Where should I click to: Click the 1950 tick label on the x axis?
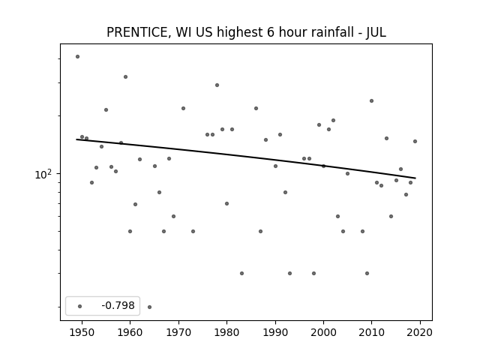pyautogui.click(x=82, y=332)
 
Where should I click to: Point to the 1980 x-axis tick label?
pyautogui.click(x=226, y=332)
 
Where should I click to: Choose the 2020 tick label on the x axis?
pyautogui.click(x=420, y=332)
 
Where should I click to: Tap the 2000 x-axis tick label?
pyautogui.click(x=323, y=332)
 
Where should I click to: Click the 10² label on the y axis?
pyautogui.click(x=43, y=174)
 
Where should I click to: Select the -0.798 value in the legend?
pyautogui.click(x=118, y=305)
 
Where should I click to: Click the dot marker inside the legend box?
pyautogui.click(x=79, y=306)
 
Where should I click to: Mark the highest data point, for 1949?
pyautogui.click(x=77, y=57)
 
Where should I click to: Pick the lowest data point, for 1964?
pyautogui.click(x=149, y=307)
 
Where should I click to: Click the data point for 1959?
pyautogui.click(x=125, y=76)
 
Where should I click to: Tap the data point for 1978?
pyautogui.click(x=217, y=85)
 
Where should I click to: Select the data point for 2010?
pyautogui.click(x=372, y=100)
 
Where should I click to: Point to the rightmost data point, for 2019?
pyautogui.click(x=415, y=142)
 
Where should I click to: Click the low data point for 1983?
pyautogui.click(x=241, y=273)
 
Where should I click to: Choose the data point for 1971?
pyautogui.click(x=183, y=108)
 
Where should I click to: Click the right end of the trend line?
pyautogui.click(x=415, y=178)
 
